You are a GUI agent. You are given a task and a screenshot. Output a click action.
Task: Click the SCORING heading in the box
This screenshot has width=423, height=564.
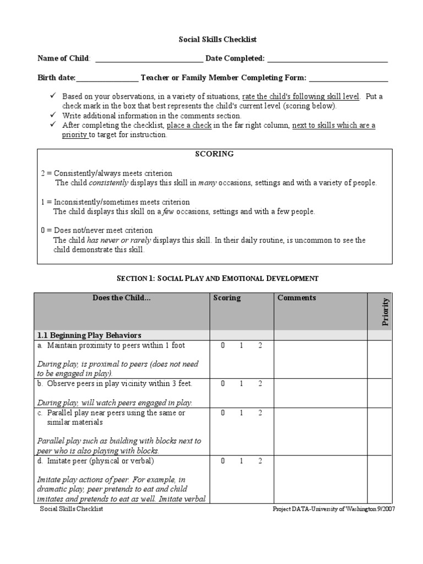point(214,154)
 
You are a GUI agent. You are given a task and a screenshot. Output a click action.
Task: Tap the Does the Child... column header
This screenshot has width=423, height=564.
point(122,298)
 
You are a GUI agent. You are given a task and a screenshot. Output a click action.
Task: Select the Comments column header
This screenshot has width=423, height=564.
point(296,298)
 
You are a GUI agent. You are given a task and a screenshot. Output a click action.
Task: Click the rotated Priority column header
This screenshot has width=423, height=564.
point(386,311)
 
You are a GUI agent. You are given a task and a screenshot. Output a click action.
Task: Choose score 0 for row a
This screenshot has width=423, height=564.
point(223,346)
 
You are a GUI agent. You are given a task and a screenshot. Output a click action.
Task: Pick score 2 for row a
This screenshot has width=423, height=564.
point(260,346)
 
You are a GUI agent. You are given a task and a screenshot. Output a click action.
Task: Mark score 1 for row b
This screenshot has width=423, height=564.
point(241,384)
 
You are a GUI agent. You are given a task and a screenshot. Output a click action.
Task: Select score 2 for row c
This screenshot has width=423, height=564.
point(260,413)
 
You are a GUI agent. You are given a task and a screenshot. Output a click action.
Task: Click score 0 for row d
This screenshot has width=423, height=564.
point(223,461)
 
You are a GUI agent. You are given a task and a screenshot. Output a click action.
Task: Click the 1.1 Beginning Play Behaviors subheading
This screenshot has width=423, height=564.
point(89,335)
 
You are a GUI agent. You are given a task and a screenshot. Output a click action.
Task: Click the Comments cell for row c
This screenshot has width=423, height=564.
point(321,431)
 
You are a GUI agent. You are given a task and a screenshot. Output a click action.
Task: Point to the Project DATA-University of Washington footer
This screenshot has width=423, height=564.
point(334,509)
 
